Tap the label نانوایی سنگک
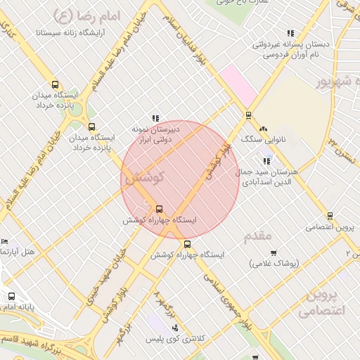(x=257, y=140)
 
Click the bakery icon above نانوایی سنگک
(x=264, y=129)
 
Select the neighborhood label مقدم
(x=257, y=236)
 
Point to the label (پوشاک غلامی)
(x=274, y=263)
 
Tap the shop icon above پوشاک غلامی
(x=274, y=252)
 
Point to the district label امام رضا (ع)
(x=85, y=13)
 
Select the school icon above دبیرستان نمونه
(x=155, y=118)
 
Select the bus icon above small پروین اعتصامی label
(x=329, y=216)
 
